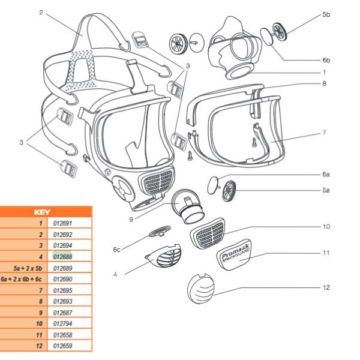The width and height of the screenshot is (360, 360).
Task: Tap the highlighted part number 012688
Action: tap(63, 256)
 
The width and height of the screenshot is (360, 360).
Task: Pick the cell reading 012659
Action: tap(63, 346)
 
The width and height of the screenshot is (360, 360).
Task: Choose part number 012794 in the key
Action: tap(63, 323)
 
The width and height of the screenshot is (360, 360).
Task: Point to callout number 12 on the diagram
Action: tap(326, 287)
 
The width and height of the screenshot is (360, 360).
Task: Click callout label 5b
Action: tap(326, 14)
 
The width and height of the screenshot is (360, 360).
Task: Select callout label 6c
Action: tap(117, 248)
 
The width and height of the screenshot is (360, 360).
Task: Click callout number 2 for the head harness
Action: tap(41, 12)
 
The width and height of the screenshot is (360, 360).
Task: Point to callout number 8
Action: tap(324, 83)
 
